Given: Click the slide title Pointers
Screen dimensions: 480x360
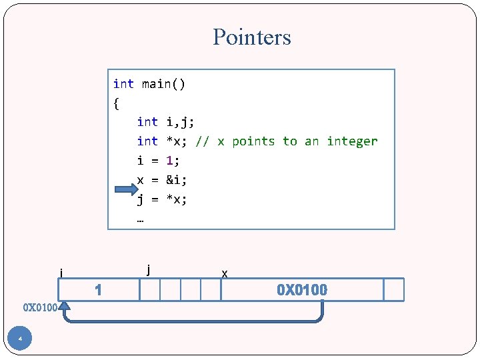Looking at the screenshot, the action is click(x=252, y=37).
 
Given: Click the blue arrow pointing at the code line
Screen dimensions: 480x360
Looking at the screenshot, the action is click(x=125, y=190).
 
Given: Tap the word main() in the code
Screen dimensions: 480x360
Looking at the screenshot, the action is click(x=164, y=84).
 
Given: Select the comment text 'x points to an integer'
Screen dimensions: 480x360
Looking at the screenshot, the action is click(x=297, y=141).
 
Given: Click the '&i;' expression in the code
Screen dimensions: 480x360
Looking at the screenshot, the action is click(x=177, y=179).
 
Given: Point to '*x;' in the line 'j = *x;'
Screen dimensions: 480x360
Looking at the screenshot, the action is click(x=177, y=199).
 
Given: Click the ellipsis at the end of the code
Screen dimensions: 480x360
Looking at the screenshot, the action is click(x=140, y=217).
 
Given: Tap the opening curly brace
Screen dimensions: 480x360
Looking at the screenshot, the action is click(x=117, y=103).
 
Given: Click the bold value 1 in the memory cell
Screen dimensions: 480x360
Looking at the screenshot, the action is click(x=98, y=290).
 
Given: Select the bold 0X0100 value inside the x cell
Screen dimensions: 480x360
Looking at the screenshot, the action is click(x=302, y=290).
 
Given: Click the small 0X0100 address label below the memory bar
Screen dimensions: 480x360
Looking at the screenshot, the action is click(x=40, y=308).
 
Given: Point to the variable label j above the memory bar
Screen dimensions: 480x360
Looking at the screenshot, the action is click(x=148, y=269).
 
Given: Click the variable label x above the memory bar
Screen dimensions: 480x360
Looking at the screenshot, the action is click(x=225, y=273).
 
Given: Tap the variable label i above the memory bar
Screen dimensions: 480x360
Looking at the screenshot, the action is click(x=61, y=273).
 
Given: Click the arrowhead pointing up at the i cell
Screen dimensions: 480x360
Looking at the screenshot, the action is click(x=64, y=307).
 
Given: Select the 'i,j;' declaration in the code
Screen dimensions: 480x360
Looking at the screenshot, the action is click(x=180, y=122).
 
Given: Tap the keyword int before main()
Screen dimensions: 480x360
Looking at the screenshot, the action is click(x=123, y=84).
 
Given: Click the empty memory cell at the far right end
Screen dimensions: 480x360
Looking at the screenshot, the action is click(x=394, y=290).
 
